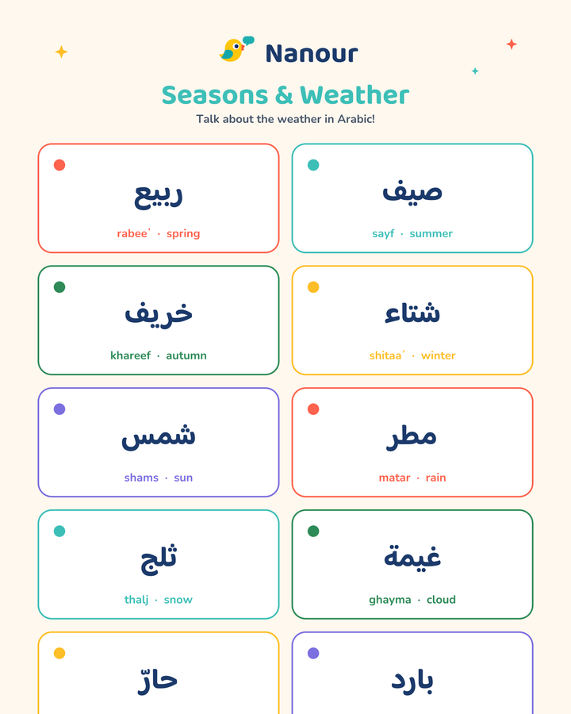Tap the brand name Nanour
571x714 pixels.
[x=312, y=54]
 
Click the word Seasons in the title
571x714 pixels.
[x=215, y=95]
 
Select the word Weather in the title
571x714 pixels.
[x=354, y=95]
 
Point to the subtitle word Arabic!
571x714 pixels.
[x=356, y=119]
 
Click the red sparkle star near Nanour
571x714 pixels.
[x=512, y=44]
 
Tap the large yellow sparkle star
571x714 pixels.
[x=62, y=52]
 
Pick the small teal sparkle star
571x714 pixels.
[x=475, y=71]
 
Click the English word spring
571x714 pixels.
[x=183, y=233]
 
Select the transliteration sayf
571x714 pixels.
[x=383, y=233]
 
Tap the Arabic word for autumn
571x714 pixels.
[x=159, y=313]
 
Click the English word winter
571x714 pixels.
[x=438, y=355]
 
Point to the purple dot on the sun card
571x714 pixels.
[x=59, y=409]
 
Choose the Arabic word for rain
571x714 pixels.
[x=412, y=437]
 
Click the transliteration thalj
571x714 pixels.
[x=136, y=600]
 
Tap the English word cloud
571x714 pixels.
[x=441, y=600]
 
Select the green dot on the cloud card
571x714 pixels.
[x=313, y=531]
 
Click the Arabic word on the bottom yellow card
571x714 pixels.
[x=158, y=681]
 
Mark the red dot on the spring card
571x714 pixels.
[x=59, y=165]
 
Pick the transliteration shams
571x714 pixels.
[x=141, y=478]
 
